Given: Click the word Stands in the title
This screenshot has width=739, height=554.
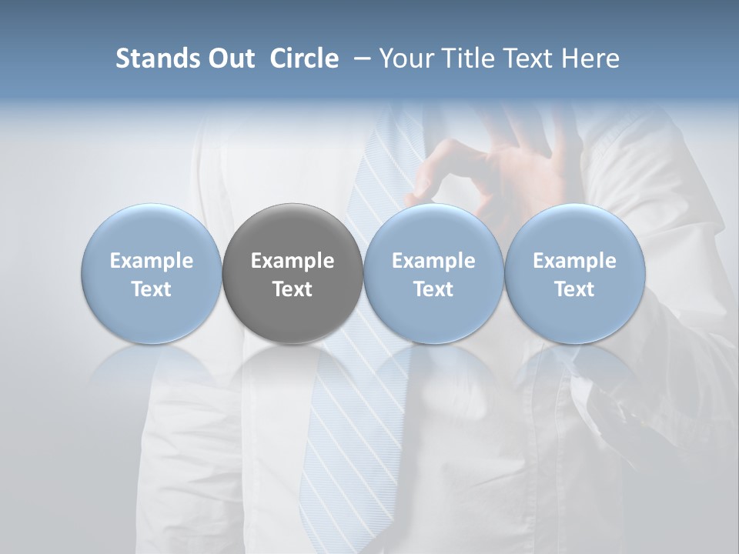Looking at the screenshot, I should (x=154, y=58).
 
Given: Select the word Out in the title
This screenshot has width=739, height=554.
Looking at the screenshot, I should (x=229, y=58).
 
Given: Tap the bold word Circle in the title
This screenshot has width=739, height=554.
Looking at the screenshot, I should (x=304, y=58).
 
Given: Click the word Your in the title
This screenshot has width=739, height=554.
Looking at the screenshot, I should (x=404, y=58).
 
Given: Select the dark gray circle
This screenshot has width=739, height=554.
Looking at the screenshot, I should (x=293, y=273).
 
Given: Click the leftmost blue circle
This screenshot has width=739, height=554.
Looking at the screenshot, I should (x=152, y=273).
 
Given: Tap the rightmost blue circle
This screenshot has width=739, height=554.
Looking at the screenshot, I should (x=575, y=273).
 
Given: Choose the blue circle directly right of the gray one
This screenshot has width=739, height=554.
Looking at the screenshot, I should (x=433, y=273).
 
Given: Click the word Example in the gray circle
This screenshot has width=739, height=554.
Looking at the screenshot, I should (x=293, y=261).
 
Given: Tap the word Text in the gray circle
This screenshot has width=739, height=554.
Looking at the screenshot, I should (x=293, y=289).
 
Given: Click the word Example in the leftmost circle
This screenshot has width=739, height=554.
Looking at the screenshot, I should (x=152, y=261).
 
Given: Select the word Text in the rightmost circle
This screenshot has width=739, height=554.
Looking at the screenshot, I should (x=575, y=289).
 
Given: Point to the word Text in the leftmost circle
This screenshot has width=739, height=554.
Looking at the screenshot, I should (x=152, y=289).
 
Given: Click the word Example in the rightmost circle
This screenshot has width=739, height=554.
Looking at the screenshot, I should (x=575, y=261).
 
